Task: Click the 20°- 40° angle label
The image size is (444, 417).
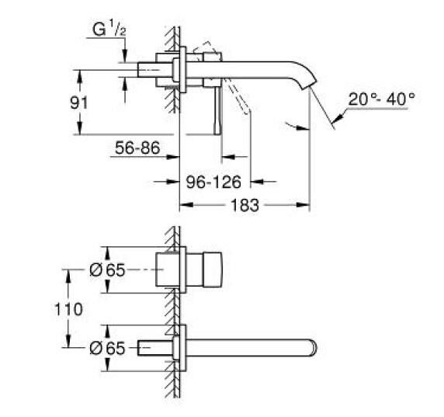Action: click(x=382, y=99)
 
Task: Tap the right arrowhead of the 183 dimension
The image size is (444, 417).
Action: click(x=306, y=205)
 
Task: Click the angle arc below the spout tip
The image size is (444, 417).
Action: click(x=296, y=127)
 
